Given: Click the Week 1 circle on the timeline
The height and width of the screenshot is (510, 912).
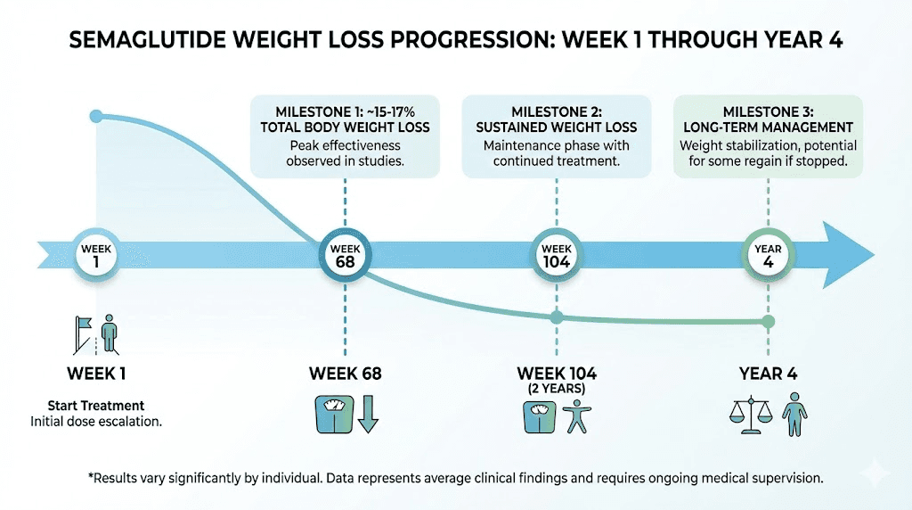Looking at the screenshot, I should coord(95,256).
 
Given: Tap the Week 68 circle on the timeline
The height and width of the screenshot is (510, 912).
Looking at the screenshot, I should coord(345,256).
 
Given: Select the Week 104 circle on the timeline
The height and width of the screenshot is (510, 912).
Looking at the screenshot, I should coord(557,256).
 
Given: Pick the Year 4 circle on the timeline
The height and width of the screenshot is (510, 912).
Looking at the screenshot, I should coord(769,256).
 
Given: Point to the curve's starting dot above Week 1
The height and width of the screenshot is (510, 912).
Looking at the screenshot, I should coord(95,117).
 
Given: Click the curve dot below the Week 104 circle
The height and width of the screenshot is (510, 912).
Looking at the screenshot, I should coord(557,317).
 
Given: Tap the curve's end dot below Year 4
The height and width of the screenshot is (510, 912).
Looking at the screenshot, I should coord(769,321).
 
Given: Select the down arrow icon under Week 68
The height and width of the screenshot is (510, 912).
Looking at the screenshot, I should coord(368,415).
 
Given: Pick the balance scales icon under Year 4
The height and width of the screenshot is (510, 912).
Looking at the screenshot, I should coord(750,416).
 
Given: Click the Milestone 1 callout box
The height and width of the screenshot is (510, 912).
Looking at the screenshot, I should coord(345,136).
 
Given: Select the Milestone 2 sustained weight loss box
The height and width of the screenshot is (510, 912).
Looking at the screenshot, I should coord(557,136).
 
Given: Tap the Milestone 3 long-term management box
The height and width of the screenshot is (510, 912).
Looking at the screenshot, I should coord(768,136).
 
